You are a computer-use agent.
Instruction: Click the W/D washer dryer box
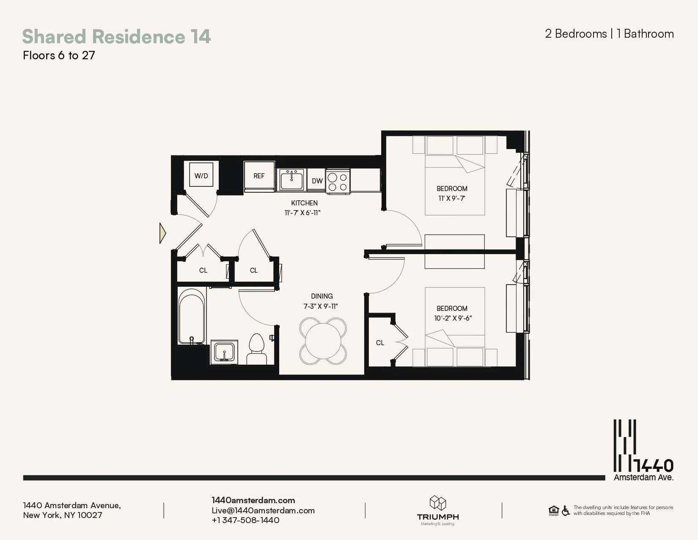click(x=201, y=175)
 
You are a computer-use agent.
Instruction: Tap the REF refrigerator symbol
click(x=259, y=176)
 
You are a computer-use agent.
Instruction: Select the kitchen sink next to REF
click(x=291, y=180)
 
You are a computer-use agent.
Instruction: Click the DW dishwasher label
click(x=317, y=181)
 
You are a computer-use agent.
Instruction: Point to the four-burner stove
click(x=338, y=182)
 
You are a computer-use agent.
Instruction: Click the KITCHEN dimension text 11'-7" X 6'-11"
click(x=302, y=213)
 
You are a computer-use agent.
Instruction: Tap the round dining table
click(x=323, y=341)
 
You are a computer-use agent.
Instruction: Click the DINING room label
click(x=322, y=296)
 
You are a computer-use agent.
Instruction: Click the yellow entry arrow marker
click(x=162, y=233)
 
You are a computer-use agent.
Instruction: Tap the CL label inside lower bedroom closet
click(x=380, y=343)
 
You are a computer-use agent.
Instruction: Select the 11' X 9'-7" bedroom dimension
click(x=452, y=198)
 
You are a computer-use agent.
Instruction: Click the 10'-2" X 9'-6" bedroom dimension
click(x=453, y=318)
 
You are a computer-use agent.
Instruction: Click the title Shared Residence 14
click(x=116, y=36)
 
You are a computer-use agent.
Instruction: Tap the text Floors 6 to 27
click(x=59, y=55)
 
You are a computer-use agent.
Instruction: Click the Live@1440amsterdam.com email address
click(x=263, y=510)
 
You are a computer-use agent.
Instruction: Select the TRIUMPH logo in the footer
click(x=438, y=510)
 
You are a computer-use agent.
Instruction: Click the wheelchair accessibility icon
click(x=566, y=511)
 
